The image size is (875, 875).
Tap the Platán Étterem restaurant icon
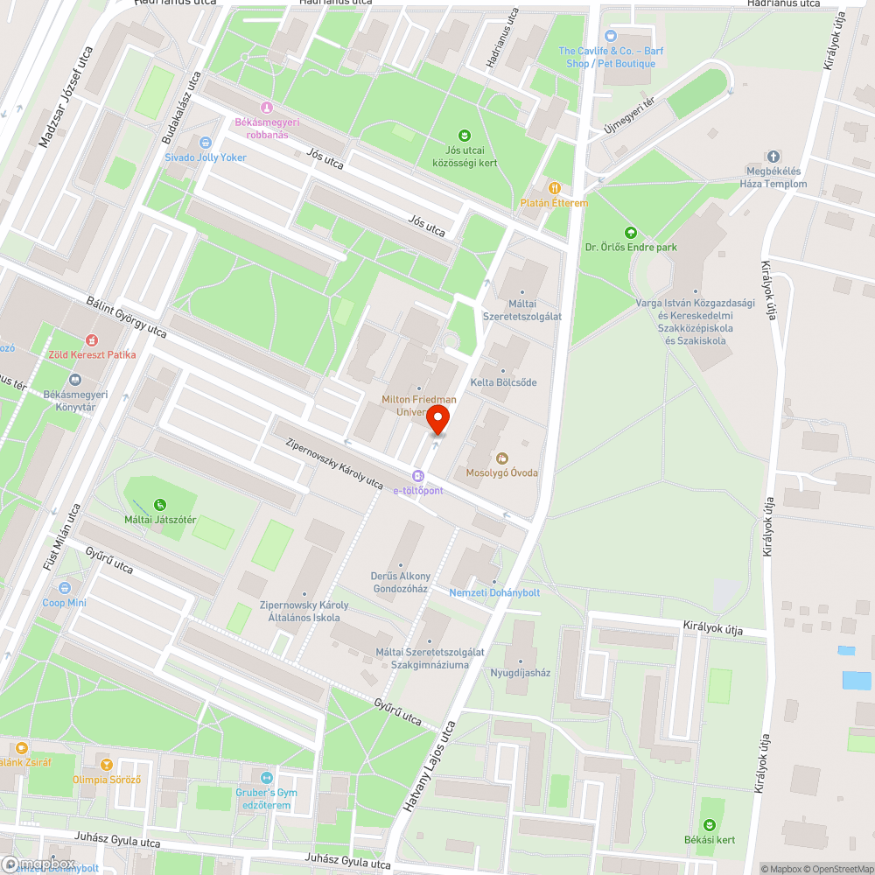point(554,187)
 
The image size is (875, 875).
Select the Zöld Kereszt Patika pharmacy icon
point(92,339)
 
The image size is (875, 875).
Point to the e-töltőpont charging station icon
point(418,475)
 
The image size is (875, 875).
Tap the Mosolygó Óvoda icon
point(502,458)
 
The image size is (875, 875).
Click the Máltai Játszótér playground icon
point(159,504)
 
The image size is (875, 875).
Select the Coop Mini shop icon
point(65,588)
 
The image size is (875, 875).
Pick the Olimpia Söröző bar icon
point(107,764)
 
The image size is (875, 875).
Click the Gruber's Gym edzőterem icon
point(268,777)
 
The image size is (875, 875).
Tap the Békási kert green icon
point(710,824)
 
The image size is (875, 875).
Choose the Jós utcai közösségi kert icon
point(465,135)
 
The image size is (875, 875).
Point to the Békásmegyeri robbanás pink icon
point(268,107)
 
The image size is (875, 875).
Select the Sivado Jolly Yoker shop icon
point(206,142)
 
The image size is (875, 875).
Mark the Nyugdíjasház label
point(521,673)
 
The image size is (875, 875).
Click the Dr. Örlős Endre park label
point(631,248)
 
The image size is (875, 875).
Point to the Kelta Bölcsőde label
point(503,382)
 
